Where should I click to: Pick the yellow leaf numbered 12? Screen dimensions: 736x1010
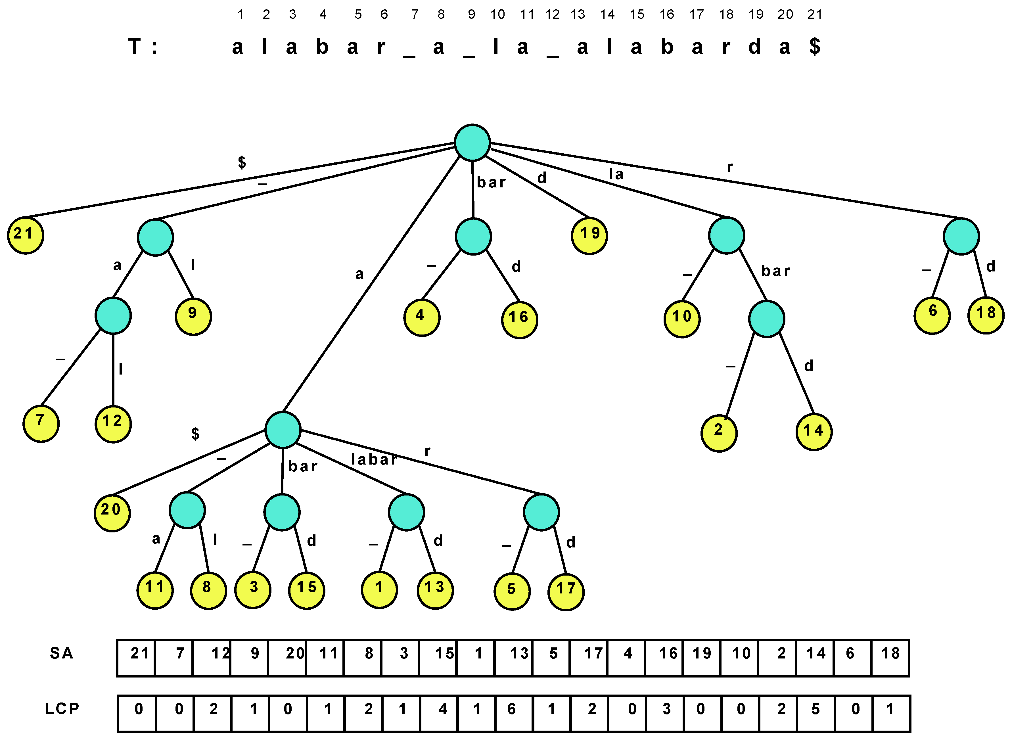click(113, 424)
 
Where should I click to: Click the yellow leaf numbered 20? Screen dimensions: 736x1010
click(112, 513)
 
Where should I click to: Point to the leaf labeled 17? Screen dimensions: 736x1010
click(566, 592)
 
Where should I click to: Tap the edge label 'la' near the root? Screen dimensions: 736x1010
click(617, 174)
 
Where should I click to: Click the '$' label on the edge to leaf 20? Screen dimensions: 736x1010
click(195, 434)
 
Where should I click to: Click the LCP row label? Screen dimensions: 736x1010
click(62, 709)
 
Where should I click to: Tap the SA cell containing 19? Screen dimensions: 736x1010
click(702, 658)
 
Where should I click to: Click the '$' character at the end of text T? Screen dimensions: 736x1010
click(815, 46)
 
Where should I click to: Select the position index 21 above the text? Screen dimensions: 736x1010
click(815, 14)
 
